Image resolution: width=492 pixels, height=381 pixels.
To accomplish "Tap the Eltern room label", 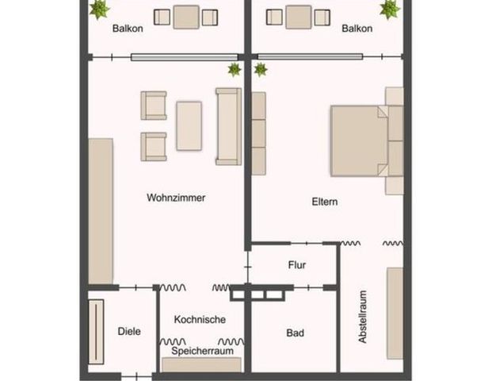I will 325,202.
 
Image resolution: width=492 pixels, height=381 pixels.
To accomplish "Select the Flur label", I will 296,265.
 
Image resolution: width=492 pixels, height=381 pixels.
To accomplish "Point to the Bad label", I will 295,333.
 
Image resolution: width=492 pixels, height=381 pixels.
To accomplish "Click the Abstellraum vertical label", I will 363,316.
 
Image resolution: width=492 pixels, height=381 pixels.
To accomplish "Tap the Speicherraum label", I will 201,350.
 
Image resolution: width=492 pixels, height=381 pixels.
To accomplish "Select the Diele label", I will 128,332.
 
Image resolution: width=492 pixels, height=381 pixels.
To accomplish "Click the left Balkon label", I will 128,29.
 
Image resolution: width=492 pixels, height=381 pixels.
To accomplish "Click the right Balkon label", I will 357,29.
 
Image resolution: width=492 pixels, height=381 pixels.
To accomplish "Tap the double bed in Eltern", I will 360,140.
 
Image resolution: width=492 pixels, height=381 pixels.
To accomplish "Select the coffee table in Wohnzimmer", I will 189,125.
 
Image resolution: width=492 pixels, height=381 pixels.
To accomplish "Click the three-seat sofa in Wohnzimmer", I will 228,126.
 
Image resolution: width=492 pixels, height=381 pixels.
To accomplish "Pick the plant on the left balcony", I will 99,9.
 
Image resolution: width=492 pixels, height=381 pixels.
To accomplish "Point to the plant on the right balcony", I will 389,9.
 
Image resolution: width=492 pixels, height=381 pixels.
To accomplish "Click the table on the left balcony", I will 186,17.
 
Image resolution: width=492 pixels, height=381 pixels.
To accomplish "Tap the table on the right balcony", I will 299,17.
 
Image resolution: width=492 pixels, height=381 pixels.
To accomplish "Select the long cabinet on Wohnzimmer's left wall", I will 101,210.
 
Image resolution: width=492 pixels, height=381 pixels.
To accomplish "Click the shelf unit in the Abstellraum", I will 395,313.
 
